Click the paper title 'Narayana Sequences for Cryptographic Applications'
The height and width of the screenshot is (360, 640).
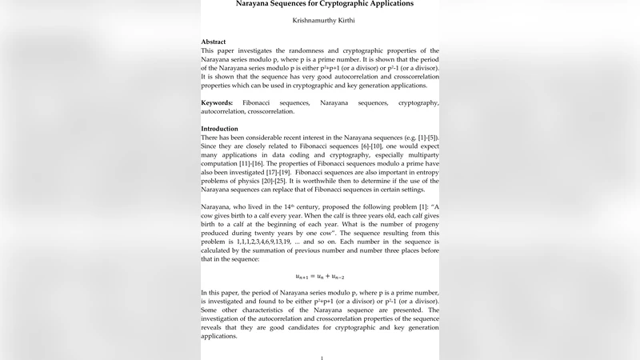click(x=320, y=4)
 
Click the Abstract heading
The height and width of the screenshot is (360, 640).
click(x=213, y=42)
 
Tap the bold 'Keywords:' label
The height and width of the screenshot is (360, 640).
click(x=217, y=103)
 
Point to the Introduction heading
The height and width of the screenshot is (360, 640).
click(x=219, y=129)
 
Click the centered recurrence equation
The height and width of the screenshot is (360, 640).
click(x=320, y=276)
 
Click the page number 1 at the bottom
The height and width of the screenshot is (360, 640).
click(x=321, y=358)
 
